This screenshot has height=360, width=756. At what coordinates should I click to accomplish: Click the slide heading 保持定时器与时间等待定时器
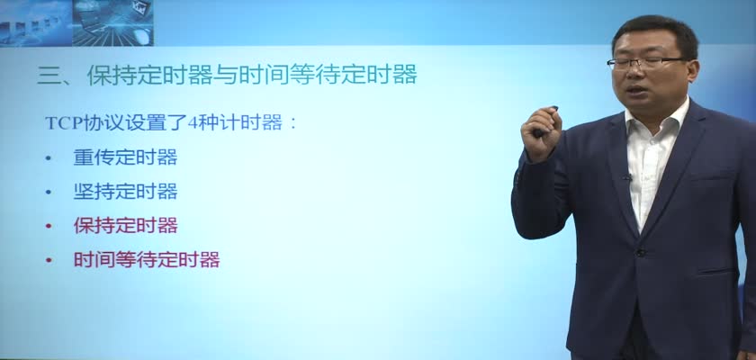[x=252, y=76]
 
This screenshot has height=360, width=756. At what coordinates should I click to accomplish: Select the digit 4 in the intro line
[x=193, y=123]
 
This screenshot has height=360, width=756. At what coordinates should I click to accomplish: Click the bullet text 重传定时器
[x=125, y=157]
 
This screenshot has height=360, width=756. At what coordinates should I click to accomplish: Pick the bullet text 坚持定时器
[x=125, y=192]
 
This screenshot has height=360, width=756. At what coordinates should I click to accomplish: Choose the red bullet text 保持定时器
[x=125, y=226]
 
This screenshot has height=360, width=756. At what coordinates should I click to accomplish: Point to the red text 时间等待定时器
[x=147, y=260]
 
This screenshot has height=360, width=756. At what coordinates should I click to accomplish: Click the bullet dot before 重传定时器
[x=48, y=158]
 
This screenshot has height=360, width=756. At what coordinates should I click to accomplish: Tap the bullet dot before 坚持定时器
[x=48, y=193]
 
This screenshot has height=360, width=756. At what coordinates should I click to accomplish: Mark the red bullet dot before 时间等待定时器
[x=48, y=260]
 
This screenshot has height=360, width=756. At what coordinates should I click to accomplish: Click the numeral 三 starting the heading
[x=48, y=76]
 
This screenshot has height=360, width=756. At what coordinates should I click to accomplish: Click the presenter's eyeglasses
[x=646, y=62]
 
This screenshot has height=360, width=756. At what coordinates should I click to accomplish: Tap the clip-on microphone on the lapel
[x=626, y=178]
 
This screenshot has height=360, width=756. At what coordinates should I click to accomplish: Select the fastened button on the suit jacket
[x=640, y=252]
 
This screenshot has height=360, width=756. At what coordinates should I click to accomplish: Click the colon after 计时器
[x=292, y=124]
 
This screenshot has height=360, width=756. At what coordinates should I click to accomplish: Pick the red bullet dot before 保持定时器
[x=48, y=226]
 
